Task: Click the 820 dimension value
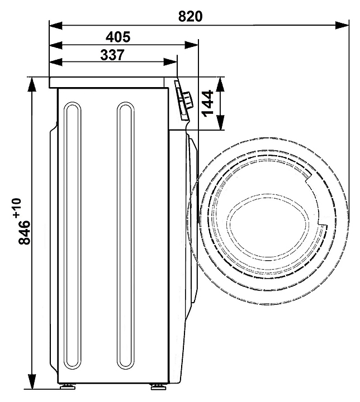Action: click(x=190, y=16)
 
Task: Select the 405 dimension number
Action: click(x=118, y=37)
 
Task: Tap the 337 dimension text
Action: click(x=112, y=55)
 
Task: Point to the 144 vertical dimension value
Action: click(x=207, y=103)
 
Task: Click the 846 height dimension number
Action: click(x=25, y=232)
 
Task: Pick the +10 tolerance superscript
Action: click(x=17, y=208)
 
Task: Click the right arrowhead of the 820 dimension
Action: click(x=342, y=25)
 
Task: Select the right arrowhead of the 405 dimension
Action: click(x=192, y=45)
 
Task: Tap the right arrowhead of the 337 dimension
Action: click(x=170, y=62)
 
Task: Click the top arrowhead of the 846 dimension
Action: click(x=32, y=84)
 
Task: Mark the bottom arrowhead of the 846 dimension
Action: click(x=32, y=382)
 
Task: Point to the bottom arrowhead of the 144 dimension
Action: click(x=220, y=122)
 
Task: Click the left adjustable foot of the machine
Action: click(x=68, y=386)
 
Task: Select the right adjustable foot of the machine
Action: click(x=158, y=386)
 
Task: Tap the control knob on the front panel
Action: click(x=187, y=100)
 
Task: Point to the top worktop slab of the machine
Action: click(x=107, y=83)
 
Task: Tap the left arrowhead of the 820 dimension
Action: click(x=56, y=25)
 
